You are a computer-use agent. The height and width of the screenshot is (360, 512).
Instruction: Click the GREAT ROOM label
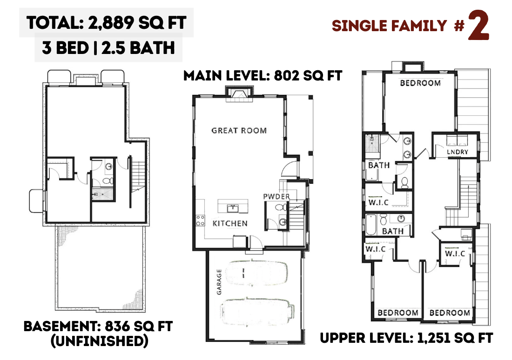(x=239, y=131)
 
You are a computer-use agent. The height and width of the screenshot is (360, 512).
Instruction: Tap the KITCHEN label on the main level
(x=230, y=223)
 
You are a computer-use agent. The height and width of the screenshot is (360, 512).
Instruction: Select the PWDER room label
(x=276, y=196)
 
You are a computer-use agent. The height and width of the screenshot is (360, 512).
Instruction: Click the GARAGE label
(x=219, y=282)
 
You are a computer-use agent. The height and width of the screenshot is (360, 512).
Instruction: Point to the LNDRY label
(x=458, y=152)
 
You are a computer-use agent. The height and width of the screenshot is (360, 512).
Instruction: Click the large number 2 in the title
(x=478, y=26)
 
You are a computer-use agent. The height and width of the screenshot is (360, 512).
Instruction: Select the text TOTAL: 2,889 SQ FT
(x=107, y=23)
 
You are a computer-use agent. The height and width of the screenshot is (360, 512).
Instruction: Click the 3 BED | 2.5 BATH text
(x=108, y=47)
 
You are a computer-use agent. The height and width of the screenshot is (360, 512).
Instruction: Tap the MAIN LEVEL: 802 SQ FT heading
(x=263, y=76)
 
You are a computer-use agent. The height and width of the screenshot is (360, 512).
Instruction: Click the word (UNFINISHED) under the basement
(x=100, y=341)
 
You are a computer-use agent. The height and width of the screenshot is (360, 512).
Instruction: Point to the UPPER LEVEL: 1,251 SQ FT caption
(x=406, y=338)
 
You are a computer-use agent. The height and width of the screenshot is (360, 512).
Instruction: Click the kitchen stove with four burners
(x=200, y=220)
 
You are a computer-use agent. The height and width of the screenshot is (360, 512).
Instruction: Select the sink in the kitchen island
(x=233, y=208)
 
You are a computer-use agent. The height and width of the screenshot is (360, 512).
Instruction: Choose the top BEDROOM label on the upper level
(x=420, y=83)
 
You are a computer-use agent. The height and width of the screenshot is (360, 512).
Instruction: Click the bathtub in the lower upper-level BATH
(x=371, y=225)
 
